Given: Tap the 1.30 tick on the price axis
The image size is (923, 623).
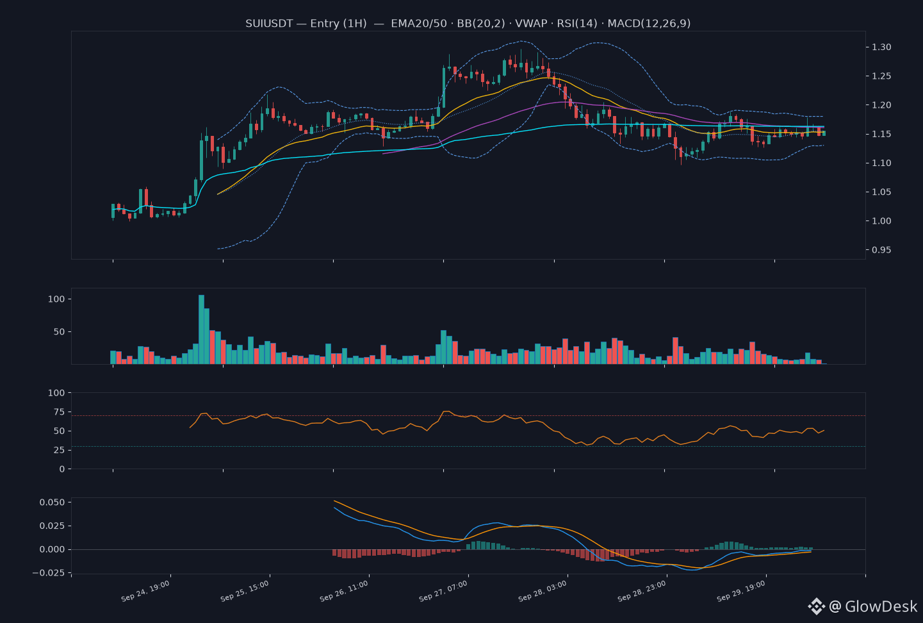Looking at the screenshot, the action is [881, 47].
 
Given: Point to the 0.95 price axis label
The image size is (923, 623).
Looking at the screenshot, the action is [881, 250].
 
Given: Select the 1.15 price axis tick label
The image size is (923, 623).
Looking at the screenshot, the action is [881, 134].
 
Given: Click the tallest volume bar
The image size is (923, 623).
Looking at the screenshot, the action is [202, 329].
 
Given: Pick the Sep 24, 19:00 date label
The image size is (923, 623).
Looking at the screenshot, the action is [145, 591].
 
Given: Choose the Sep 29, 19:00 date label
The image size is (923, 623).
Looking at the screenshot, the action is [741, 591].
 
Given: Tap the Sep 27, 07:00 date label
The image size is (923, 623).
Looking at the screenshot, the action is [443, 591].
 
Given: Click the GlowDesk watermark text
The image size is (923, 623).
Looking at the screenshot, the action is [881, 606].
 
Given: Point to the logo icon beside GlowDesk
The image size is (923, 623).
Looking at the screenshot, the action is [816, 606].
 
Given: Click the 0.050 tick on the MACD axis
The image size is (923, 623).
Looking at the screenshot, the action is [53, 503].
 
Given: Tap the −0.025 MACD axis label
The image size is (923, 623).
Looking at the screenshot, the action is [49, 573].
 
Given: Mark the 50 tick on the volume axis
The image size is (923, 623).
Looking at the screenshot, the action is [60, 332].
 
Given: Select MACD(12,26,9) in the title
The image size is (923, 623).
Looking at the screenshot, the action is [649, 24].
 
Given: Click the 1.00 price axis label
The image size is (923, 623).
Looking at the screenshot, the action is [881, 221].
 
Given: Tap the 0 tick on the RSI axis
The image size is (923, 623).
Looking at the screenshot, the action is [62, 469].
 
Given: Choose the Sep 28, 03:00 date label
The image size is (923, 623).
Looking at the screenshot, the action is [543, 591].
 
